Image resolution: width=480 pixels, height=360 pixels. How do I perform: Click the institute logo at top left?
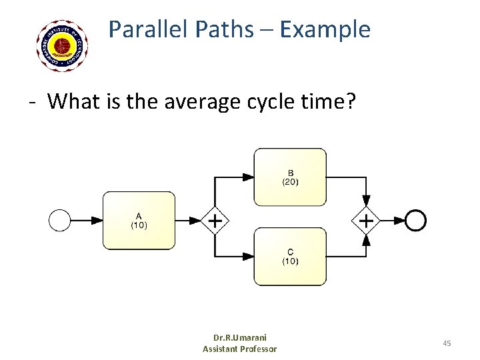(63, 45)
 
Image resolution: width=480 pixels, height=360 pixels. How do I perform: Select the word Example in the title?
(325, 29)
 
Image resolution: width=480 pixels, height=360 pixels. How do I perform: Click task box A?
(139, 220)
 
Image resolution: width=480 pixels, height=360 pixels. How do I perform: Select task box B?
(290, 177)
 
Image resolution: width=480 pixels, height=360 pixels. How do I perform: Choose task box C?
(290, 257)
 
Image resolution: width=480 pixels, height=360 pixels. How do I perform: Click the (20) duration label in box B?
(290, 181)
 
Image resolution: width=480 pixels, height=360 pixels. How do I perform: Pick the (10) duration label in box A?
(139, 225)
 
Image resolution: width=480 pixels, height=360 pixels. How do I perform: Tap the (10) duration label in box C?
(290, 261)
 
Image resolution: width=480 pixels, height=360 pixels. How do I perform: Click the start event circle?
(60, 220)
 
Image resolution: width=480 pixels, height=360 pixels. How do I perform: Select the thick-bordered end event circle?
(416, 220)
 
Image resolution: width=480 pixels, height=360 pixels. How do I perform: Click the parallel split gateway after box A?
(215, 220)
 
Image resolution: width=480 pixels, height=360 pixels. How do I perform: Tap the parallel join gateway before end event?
(366, 220)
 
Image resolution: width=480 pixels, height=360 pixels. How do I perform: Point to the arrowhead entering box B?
(247, 177)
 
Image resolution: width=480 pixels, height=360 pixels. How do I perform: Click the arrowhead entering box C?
(247, 257)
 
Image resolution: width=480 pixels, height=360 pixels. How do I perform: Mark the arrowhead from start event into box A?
(97, 220)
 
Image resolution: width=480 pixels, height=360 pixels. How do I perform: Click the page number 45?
(447, 343)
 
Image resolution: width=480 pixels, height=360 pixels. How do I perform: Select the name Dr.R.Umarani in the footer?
(239, 338)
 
